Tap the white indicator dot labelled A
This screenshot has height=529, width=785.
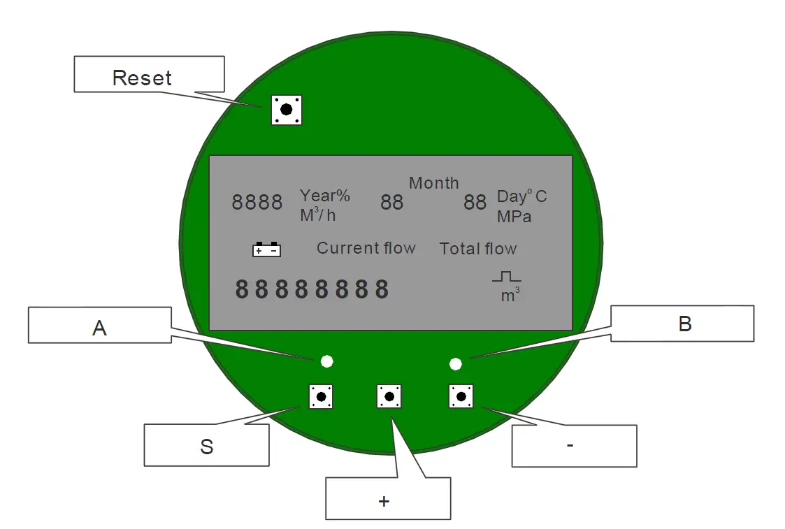[326, 361]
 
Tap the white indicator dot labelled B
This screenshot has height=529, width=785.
[456, 363]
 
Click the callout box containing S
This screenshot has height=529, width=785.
[206, 445]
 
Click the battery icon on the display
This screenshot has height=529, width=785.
[266, 249]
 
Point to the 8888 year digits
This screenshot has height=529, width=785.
[257, 203]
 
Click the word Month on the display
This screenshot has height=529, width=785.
[433, 183]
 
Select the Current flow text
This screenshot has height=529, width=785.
[366, 248]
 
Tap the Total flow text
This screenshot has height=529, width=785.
[478, 249]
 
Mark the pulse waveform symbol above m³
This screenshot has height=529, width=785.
[507, 277]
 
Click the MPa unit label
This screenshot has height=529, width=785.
[514, 217]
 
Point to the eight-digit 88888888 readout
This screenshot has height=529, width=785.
[312, 289]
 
